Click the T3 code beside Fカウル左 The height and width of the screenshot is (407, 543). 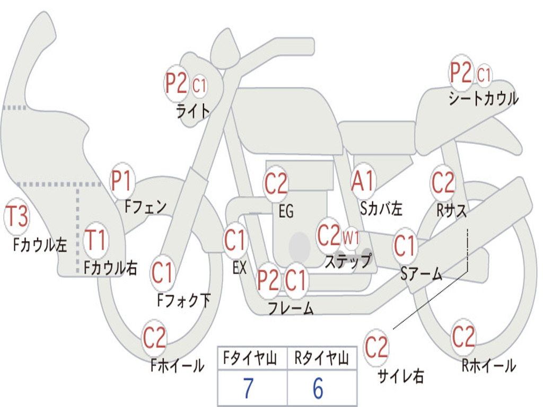coord(16,217)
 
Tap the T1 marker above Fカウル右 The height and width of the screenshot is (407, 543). coord(96,240)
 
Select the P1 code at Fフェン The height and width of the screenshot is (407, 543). coord(122,181)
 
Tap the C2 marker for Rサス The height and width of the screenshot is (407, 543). coord(443,183)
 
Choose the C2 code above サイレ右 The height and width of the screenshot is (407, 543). coord(376,348)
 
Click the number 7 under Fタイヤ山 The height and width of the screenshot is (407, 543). coord(248,389)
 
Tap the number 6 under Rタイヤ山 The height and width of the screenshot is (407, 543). coord(318,389)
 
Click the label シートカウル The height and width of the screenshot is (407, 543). coord(483,99)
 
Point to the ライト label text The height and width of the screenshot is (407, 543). coord(192,110)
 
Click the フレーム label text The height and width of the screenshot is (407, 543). coord(290,308)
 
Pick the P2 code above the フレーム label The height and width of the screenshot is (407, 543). coord(268,280)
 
